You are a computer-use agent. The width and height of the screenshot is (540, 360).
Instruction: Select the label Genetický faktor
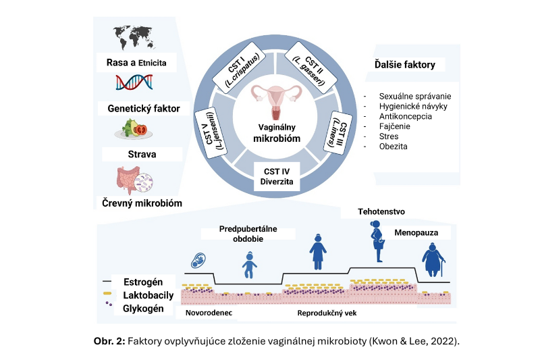click(x=138, y=108)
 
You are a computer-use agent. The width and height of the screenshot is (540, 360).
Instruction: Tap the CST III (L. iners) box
click(x=340, y=132)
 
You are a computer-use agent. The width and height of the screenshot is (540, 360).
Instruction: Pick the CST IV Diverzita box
click(x=274, y=174)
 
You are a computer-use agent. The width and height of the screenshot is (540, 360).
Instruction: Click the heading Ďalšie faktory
click(x=405, y=66)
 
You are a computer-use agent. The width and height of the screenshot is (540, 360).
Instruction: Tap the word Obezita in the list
click(x=394, y=146)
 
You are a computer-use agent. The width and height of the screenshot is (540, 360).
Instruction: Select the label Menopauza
click(x=419, y=234)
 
